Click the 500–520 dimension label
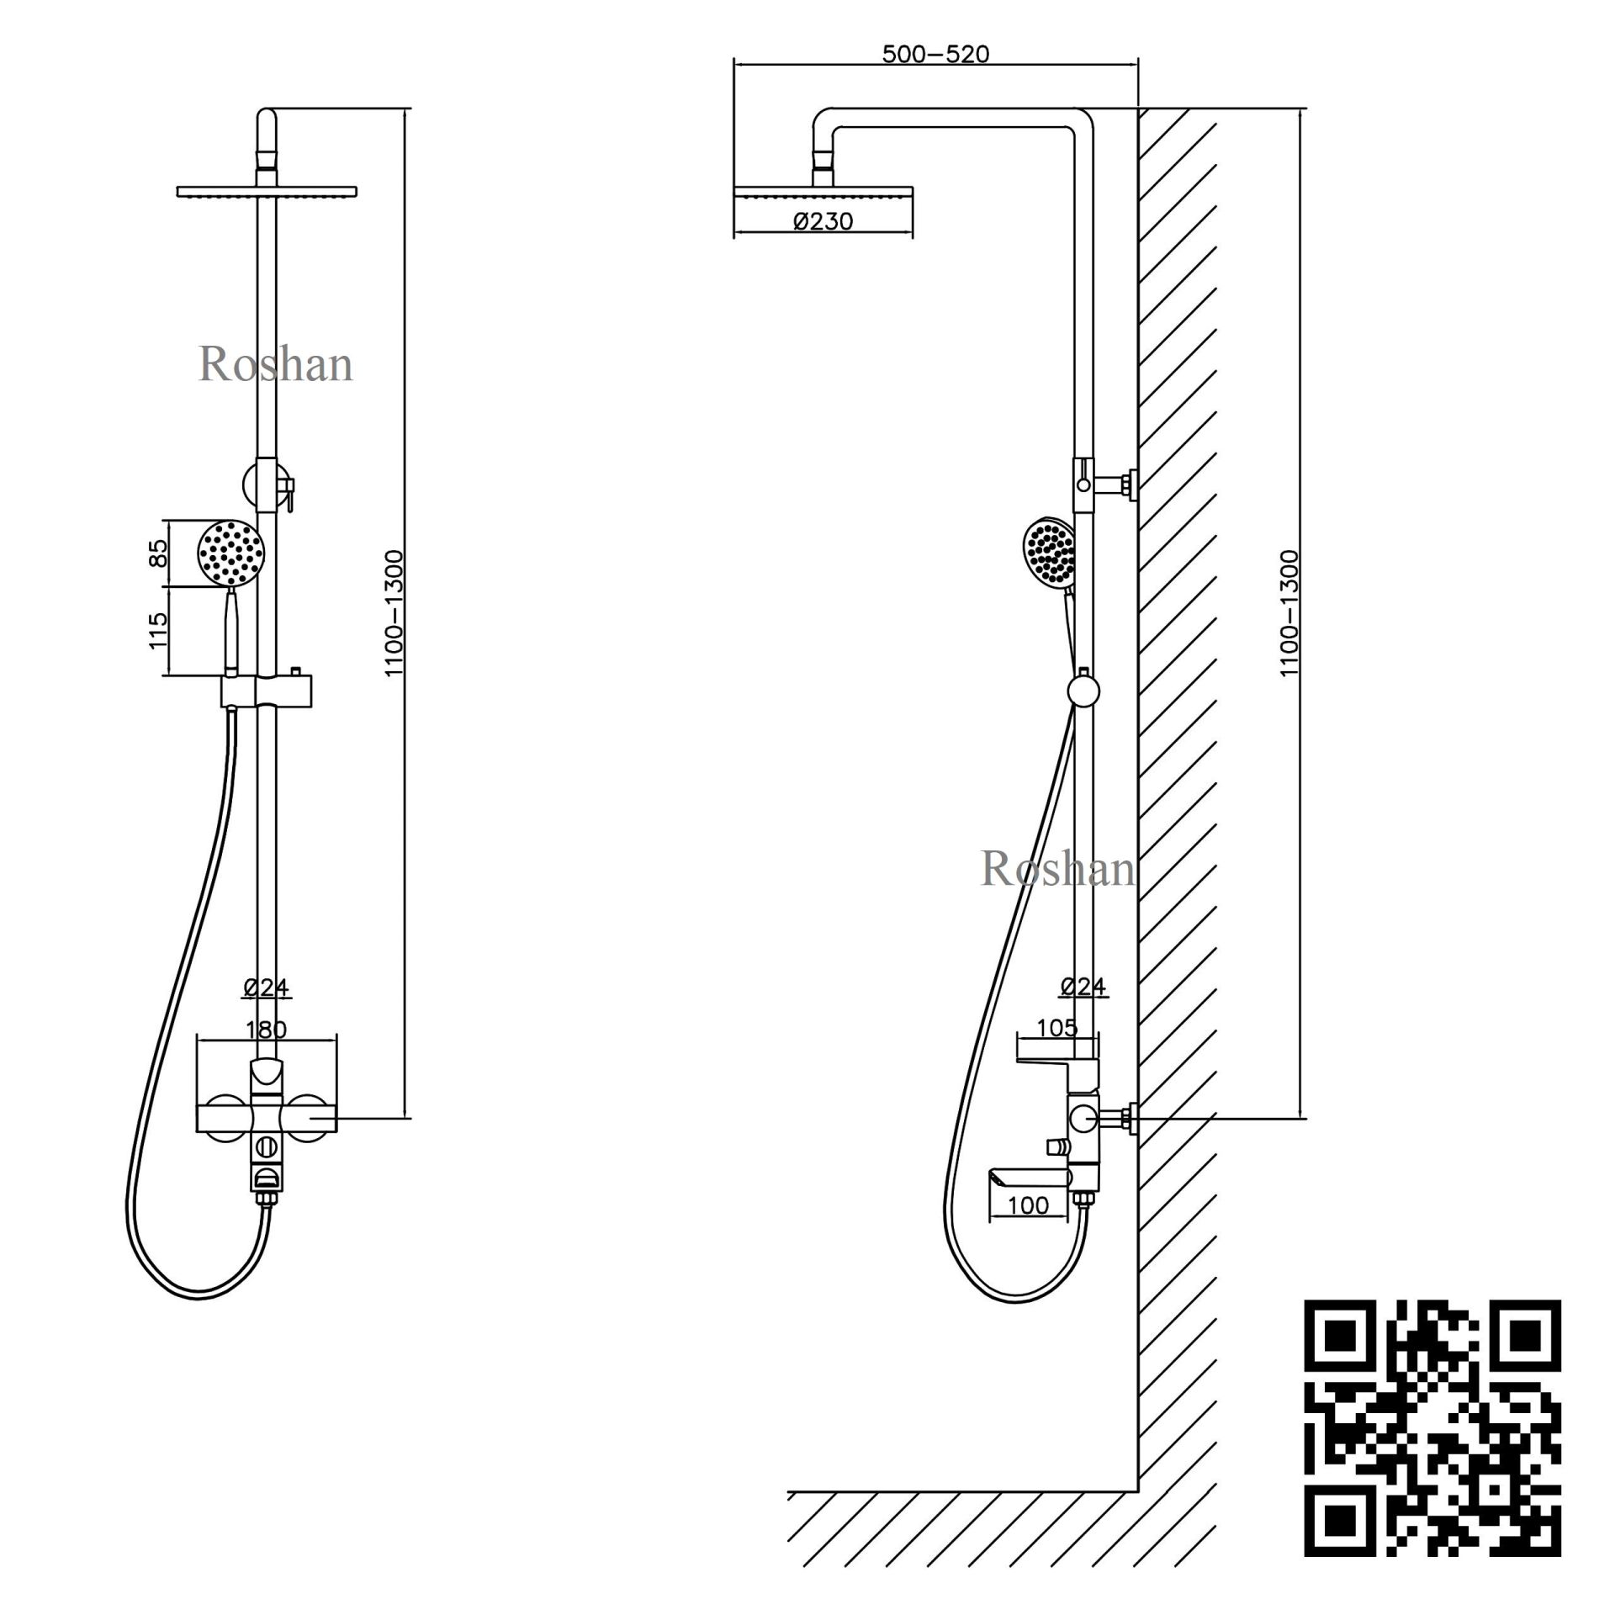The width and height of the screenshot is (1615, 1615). [x=935, y=55]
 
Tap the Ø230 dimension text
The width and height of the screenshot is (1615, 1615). [x=823, y=221]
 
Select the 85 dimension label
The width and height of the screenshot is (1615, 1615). [x=158, y=553]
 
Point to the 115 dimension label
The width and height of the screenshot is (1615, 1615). [x=158, y=630]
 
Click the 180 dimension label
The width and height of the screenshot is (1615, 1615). [x=266, y=1029]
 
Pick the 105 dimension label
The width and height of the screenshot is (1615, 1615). [x=1056, y=1027]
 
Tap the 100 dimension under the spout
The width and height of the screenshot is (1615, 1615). [x=1028, y=1205]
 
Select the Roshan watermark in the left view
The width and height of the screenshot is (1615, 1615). [x=275, y=365]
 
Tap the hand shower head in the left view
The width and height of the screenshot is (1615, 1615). [x=230, y=553]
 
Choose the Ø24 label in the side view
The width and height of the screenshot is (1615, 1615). [x=1083, y=986]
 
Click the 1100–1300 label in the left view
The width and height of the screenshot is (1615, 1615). [x=394, y=613]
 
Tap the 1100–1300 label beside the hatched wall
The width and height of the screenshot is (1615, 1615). [x=1289, y=613]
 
